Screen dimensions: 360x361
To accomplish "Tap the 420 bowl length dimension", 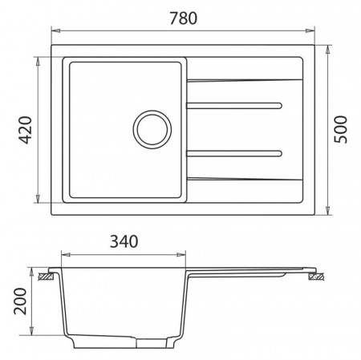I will click(x=24, y=129).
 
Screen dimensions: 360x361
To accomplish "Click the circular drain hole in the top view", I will click(x=152, y=127).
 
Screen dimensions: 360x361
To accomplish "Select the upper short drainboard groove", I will click(x=234, y=104).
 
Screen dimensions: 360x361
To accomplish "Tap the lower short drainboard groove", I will click(x=234, y=152).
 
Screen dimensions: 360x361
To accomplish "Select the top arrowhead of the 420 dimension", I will click(x=39, y=60).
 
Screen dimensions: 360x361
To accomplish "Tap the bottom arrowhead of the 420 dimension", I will click(x=39, y=199).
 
